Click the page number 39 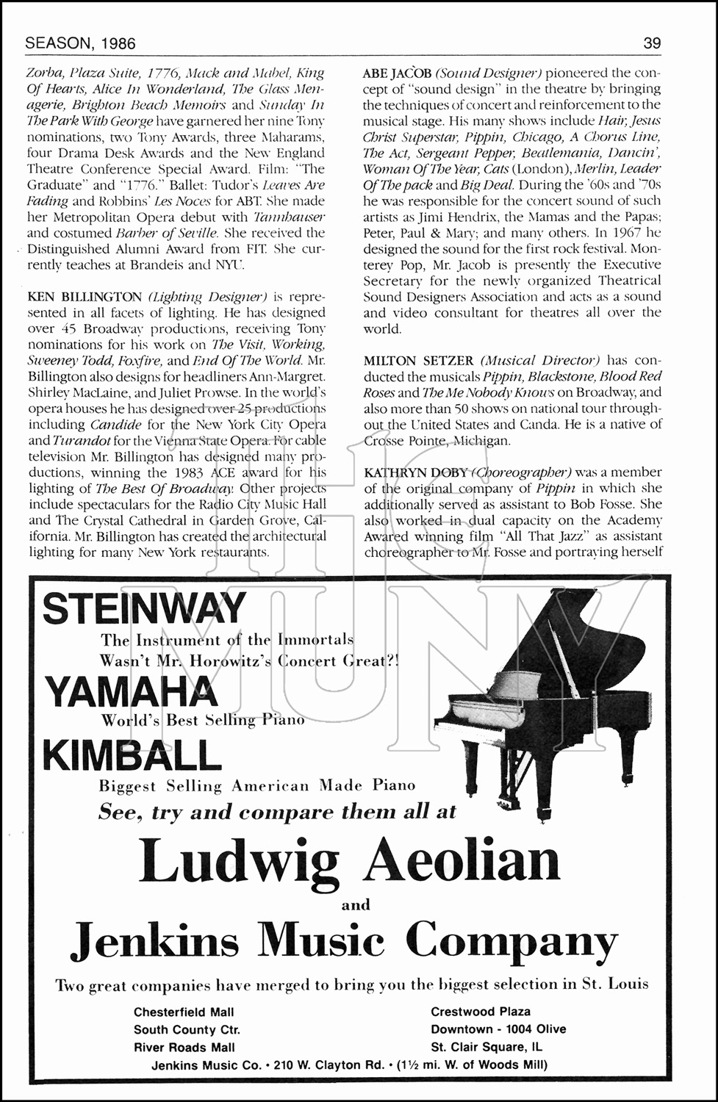652,43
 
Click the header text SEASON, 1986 80,43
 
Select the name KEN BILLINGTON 85,297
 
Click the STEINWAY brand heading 143,608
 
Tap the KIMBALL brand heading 132,755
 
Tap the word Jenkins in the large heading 157,940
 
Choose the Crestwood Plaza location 481,1012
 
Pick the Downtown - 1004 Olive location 498,1029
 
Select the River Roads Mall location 184,1047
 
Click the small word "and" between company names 356,905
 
